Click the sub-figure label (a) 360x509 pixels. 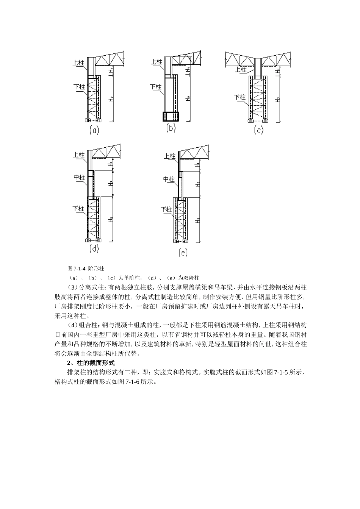point(94,130)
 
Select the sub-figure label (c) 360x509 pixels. point(258,130)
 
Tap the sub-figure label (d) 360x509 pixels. point(94,249)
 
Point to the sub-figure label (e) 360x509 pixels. point(183,252)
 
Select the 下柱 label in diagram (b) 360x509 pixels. point(156,87)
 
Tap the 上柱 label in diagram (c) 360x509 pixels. point(241,69)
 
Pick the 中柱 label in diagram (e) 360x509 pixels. point(169,179)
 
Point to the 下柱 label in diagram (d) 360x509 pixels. point(78,208)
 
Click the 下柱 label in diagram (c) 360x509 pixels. point(239,97)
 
